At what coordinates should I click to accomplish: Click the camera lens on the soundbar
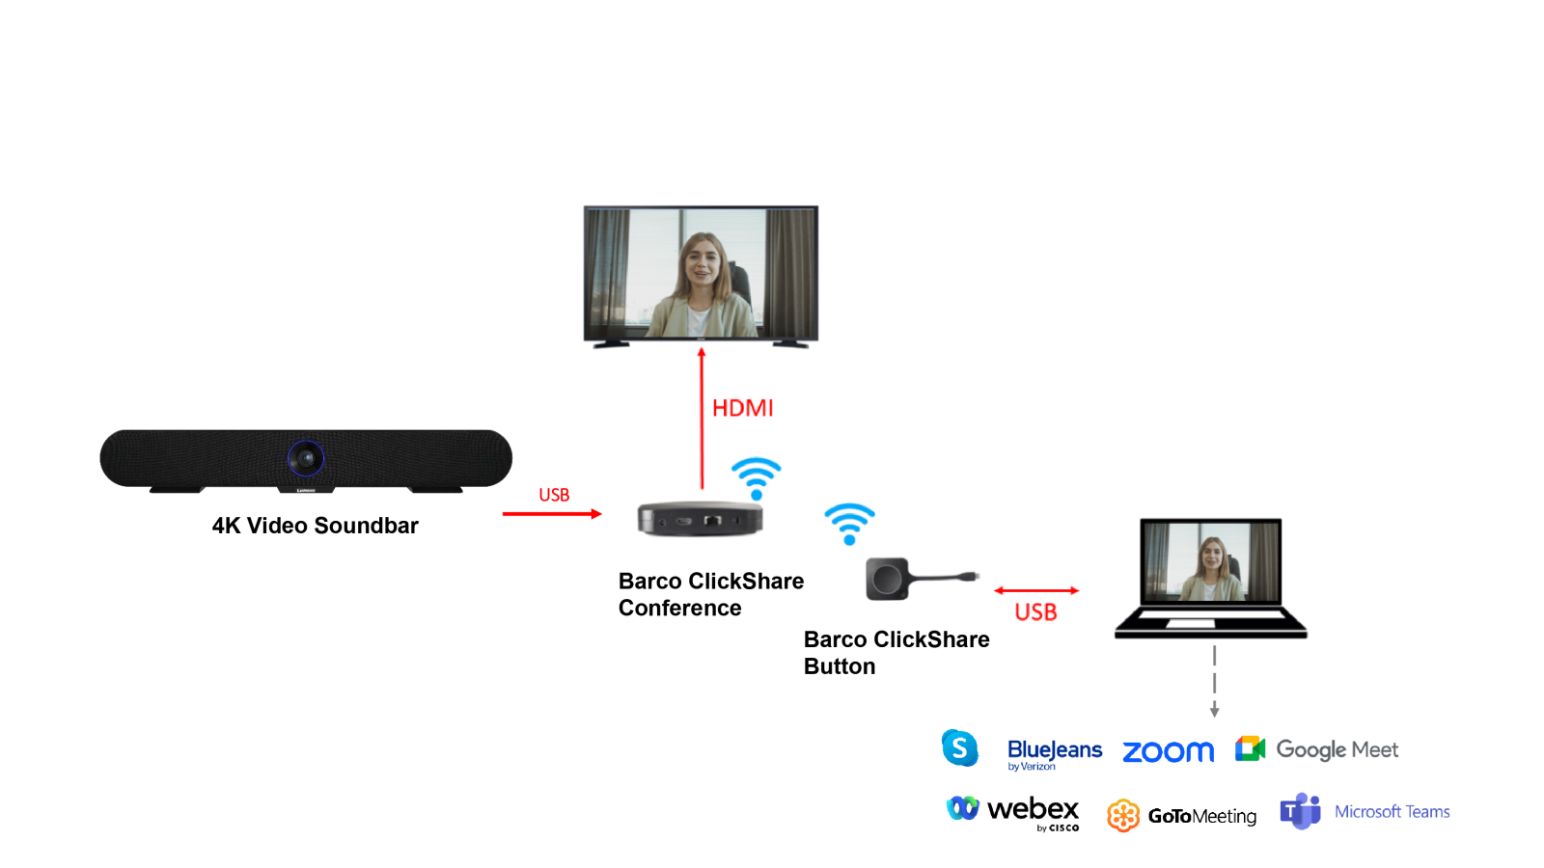point(306,458)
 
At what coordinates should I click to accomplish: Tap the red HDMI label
point(742,408)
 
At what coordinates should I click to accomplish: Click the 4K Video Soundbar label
point(316,526)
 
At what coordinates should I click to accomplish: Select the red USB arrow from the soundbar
point(552,514)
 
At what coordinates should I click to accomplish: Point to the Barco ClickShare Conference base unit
point(701,519)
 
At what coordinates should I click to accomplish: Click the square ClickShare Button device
point(887,579)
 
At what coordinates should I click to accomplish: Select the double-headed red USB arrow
point(1036,590)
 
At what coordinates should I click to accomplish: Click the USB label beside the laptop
point(1035,612)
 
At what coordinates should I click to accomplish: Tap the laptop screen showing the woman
point(1210,561)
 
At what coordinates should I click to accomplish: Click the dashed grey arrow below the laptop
point(1214,682)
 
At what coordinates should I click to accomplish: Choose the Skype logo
point(960,748)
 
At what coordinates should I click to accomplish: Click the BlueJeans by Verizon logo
point(1054,753)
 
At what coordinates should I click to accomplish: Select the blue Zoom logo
point(1168,752)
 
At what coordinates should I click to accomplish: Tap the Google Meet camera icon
point(1250,748)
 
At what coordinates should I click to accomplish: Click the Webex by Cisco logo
point(1013,811)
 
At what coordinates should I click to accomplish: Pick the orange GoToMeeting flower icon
point(1123,816)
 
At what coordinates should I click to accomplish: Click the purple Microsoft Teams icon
point(1300,811)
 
